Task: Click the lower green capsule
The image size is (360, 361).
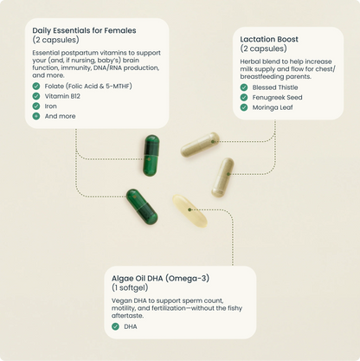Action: [x=141, y=206]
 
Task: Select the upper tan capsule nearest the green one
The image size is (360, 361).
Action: [x=200, y=145]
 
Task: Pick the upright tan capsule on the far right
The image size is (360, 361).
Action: [x=223, y=177]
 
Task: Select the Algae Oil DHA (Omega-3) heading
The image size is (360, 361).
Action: [x=160, y=277]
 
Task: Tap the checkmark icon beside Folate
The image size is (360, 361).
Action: [x=36, y=87]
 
